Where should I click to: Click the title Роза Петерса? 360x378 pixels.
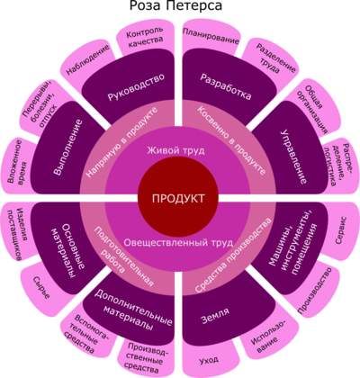[175, 5]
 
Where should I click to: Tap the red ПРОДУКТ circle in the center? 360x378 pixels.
[178, 198]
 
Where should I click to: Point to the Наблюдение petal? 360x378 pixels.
[88, 60]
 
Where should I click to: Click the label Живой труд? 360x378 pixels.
[175, 150]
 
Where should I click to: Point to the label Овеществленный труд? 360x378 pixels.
[178, 242]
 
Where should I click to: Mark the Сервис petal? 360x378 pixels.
[341, 230]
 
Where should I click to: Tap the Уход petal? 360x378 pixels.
[209, 359]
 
